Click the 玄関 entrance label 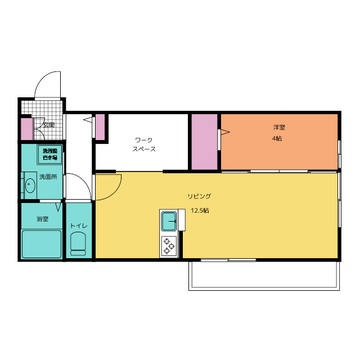49,125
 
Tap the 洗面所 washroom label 48,177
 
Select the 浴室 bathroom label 43,219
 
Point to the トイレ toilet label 79,226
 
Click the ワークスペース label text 144,145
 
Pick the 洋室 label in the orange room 279,127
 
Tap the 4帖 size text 277,139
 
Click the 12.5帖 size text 200,210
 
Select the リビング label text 199,196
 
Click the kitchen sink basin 169,221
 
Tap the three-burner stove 169,246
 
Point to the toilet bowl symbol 78,244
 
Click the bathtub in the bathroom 42,244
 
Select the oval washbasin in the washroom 30,185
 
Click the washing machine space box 50,154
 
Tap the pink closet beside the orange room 204,142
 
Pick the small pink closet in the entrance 27,129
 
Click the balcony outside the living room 264,276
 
